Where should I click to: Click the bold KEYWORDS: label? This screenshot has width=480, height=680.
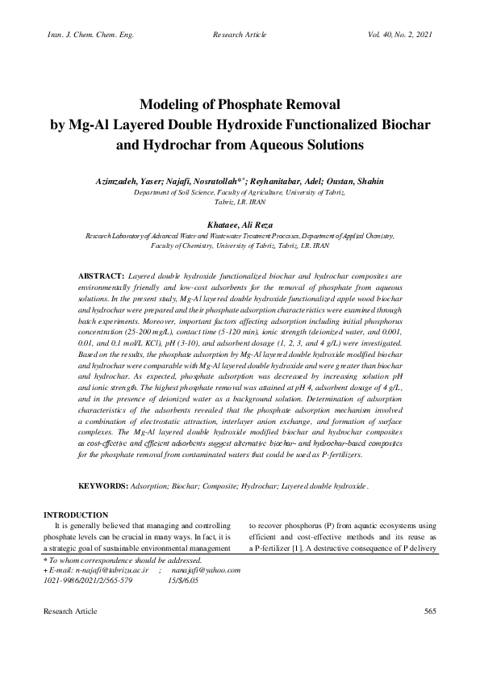point(103,487)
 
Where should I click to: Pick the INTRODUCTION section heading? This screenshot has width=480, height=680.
point(76,514)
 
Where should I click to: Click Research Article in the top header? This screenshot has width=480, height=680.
point(239,36)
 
